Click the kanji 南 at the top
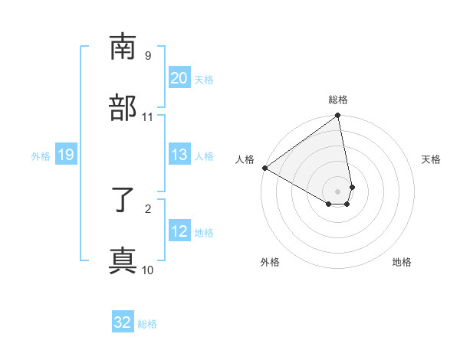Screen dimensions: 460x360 tap(123, 47)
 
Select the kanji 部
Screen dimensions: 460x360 tap(123, 107)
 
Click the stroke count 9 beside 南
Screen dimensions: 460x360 tap(148, 56)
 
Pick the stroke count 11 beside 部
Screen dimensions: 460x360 tap(148, 117)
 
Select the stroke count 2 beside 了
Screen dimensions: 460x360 tap(148, 208)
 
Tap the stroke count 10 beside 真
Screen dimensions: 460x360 tap(148, 270)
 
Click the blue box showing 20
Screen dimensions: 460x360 tap(179, 78)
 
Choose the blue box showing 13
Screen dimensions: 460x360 tap(179, 155)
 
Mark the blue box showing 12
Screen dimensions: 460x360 tap(179, 231)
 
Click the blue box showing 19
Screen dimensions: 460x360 tap(65, 155)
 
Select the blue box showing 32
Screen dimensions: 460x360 tap(123, 322)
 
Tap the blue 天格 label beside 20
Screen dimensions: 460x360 tap(204, 80)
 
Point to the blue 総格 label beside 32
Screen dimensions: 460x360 tap(147, 324)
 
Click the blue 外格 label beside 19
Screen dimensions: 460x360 tap(41, 156)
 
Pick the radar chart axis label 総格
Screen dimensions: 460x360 tap(338, 100)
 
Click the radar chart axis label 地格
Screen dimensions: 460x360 tap(402, 262)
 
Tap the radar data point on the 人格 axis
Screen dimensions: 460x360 tap(264, 168)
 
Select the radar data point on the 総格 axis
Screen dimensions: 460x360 tap(338, 116)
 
